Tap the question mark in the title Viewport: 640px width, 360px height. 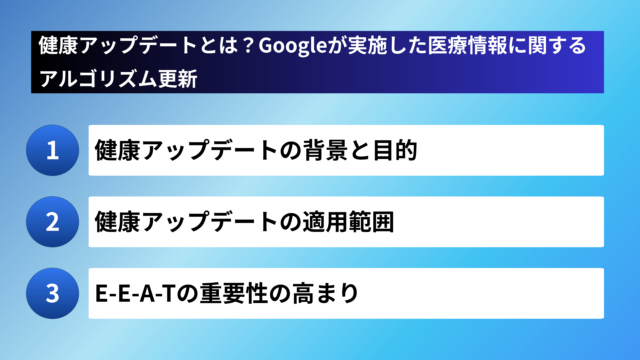(248, 46)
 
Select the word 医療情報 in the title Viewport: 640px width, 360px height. (467, 46)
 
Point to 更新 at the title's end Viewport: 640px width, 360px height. (178, 79)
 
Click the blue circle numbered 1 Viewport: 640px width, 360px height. (53, 150)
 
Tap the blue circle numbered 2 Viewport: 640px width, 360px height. (53, 222)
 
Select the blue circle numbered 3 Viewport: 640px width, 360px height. (53, 293)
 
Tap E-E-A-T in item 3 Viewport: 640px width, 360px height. (135, 293)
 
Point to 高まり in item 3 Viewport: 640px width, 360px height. (325, 293)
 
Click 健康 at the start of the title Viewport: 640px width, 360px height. (58, 46)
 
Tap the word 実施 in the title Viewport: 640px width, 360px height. (368, 46)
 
